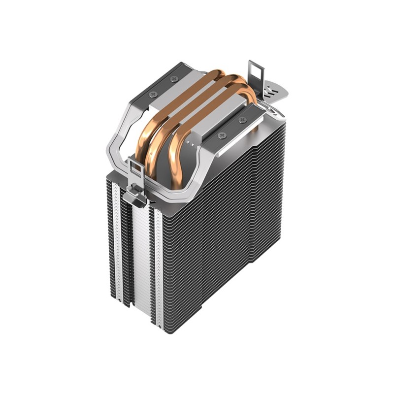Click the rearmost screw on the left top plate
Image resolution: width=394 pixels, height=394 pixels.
pos(174,79)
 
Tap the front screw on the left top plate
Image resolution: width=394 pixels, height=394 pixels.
pos(153,94)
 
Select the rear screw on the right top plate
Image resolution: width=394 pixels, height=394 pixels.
pos(241,120)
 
